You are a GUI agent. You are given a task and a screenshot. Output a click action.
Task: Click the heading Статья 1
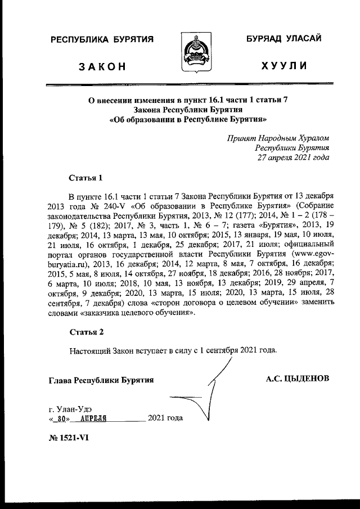click(x=85, y=178)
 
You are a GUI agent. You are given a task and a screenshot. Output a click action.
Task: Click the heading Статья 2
click(x=86, y=332)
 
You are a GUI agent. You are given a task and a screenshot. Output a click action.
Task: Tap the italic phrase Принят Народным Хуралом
click(x=278, y=138)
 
